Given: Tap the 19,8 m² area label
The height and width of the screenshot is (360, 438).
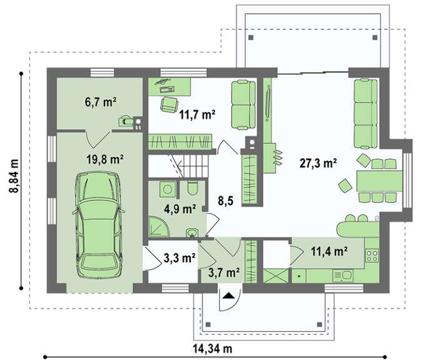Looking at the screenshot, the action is tap(105, 160).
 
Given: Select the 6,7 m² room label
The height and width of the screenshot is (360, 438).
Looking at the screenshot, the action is tap(101, 102).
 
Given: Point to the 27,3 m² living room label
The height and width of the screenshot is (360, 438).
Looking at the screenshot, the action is tap(318, 163).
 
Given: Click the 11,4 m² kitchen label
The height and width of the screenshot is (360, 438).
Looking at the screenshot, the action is tap(329, 252).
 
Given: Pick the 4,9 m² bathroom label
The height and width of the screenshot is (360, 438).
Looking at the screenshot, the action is tap(180, 209).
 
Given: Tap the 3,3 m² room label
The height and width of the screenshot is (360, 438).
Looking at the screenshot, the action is tap(180, 258).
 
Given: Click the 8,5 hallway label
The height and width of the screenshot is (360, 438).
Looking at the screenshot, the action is tap(226, 201).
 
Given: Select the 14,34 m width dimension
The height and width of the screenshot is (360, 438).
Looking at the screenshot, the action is tap(212, 349).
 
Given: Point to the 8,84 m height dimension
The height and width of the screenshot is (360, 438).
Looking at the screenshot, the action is tap(14, 176).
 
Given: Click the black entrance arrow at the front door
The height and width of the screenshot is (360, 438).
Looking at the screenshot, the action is tap(229, 296).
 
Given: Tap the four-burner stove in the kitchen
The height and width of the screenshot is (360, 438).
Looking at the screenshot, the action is tap(372, 255).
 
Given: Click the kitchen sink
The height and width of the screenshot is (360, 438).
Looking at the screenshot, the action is tap(343, 275).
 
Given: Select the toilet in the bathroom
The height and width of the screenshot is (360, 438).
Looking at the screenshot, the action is tap(193, 188).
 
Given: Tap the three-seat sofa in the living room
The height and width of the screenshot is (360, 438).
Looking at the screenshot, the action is tap(365, 113).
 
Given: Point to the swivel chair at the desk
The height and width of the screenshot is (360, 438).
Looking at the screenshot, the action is tap(170, 105).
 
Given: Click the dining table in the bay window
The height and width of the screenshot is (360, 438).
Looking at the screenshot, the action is tap(379, 181).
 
